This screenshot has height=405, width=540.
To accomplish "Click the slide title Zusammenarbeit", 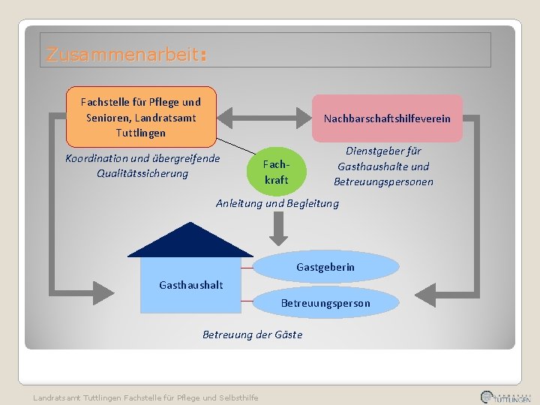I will click(x=124, y=55).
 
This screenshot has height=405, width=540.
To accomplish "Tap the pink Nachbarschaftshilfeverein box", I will click(x=387, y=118).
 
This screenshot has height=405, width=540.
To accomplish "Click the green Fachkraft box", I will click(x=276, y=172).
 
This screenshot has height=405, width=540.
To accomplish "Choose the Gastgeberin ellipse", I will click(x=325, y=267).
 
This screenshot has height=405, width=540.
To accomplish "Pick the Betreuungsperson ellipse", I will click(x=325, y=303).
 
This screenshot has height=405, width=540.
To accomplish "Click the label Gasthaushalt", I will click(x=190, y=285).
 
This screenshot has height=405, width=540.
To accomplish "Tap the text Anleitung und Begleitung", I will click(x=277, y=203).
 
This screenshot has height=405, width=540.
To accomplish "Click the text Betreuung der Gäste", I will click(x=252, y=334).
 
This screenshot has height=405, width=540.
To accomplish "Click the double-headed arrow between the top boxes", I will click(x=264, y=118).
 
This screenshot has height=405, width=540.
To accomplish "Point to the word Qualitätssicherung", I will click(x=142, y=174).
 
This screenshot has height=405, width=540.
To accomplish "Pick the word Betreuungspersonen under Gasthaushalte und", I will click(x=383, y=181).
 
